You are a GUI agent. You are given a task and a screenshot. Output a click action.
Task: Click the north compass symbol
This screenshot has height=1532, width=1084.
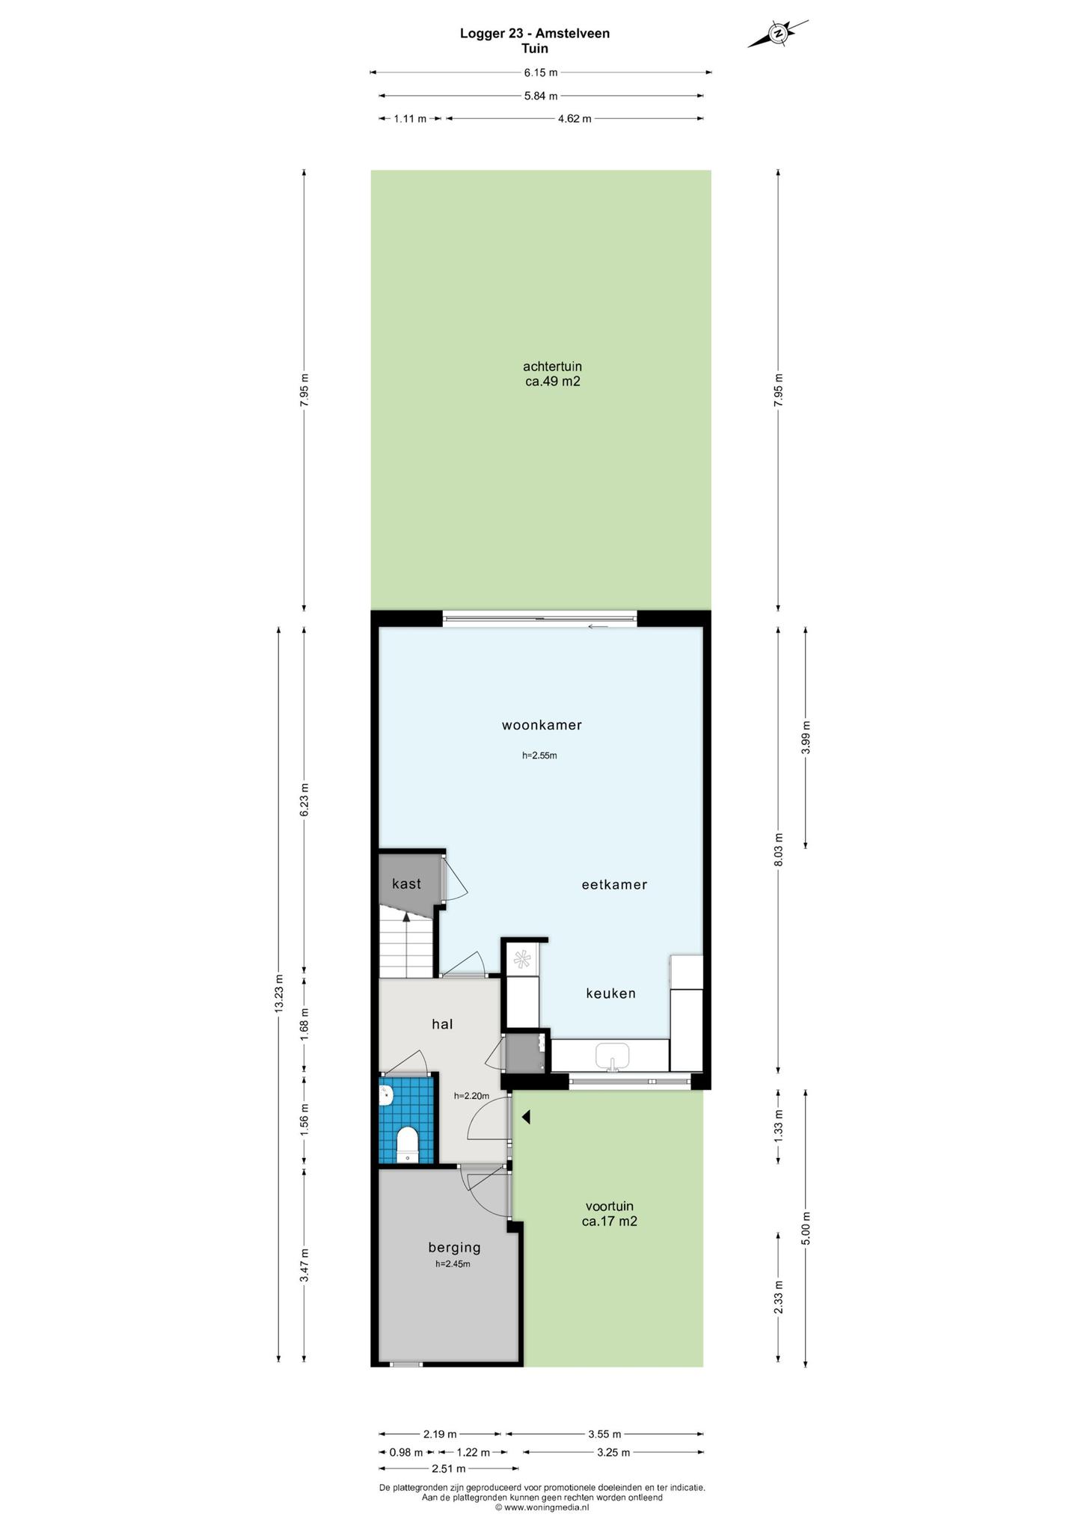tap(778, 34)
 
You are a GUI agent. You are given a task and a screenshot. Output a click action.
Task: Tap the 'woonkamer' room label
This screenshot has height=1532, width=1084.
tap(542, 725)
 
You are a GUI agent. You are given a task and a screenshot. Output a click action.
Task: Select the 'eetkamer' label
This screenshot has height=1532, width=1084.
tap(614, 884)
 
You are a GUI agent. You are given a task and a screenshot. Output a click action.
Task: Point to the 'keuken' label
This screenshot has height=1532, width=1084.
tap(610, 993)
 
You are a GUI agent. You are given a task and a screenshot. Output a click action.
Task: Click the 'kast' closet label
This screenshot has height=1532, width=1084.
tap(406, 883)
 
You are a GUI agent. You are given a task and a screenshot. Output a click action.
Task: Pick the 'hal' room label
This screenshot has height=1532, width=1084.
tap(442, 1024)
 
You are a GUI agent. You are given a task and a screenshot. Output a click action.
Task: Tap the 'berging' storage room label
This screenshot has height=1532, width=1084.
tap(454, 1247)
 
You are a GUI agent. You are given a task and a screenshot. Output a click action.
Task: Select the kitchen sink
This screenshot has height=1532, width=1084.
tap(613, 1056)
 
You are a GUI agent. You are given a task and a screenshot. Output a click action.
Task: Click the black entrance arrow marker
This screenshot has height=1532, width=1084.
tap(526, 1118)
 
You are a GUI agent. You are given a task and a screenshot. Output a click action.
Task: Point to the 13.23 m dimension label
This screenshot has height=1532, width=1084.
tap(278, 993)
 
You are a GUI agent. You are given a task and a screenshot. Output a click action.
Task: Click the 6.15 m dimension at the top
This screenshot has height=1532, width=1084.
tap(540, 73)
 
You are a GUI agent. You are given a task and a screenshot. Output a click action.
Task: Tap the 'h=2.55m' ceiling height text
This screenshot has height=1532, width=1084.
tap(539, 756)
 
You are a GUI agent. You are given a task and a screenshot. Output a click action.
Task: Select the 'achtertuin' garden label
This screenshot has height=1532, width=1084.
tap(552, 367)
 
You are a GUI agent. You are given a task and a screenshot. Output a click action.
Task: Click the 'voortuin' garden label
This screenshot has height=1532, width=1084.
tap(609, 1206)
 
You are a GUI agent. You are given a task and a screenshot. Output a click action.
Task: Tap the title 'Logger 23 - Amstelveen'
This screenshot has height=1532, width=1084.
tap(534, 34)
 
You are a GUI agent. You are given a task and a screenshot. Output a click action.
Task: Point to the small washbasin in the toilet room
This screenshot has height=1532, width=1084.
tap(386, 1096)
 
